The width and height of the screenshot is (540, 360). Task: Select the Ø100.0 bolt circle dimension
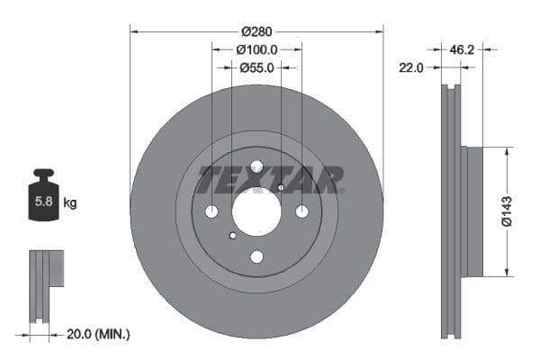pyautogui.click(x=256, y=50)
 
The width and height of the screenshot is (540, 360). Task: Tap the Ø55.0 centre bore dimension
pyautogui.click(x=256, y=67)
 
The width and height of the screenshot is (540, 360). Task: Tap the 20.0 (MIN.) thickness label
pyautogui.click(x=99, y=334)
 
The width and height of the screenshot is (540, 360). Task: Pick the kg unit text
pyautogui.click(x=69, y=203)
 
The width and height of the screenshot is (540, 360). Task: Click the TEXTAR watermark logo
pyautogui.click(x=270, y=180)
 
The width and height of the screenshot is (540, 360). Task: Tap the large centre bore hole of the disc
pyautogui.click(x=256, y=211)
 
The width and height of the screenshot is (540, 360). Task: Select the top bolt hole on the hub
pyautogui.click(x=256, y=166)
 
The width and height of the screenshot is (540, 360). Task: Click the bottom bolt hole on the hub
pyautogui.click(x=256, y=256)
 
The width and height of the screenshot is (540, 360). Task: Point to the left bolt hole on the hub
pyautogui.click(x=212, y=211)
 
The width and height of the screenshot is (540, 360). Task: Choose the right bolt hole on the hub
pyautogui.click(x=301, y=211)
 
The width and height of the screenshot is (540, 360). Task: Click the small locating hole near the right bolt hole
pyautogui.click(x=281, y=187)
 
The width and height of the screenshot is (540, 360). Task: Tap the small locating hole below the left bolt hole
pyautogui.click(x=232, y=236)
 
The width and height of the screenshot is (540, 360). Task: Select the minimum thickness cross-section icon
pyautogui.click(x=45, y=285)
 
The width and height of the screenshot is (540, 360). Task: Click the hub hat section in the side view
pyautogui.click(x=474, y=211)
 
